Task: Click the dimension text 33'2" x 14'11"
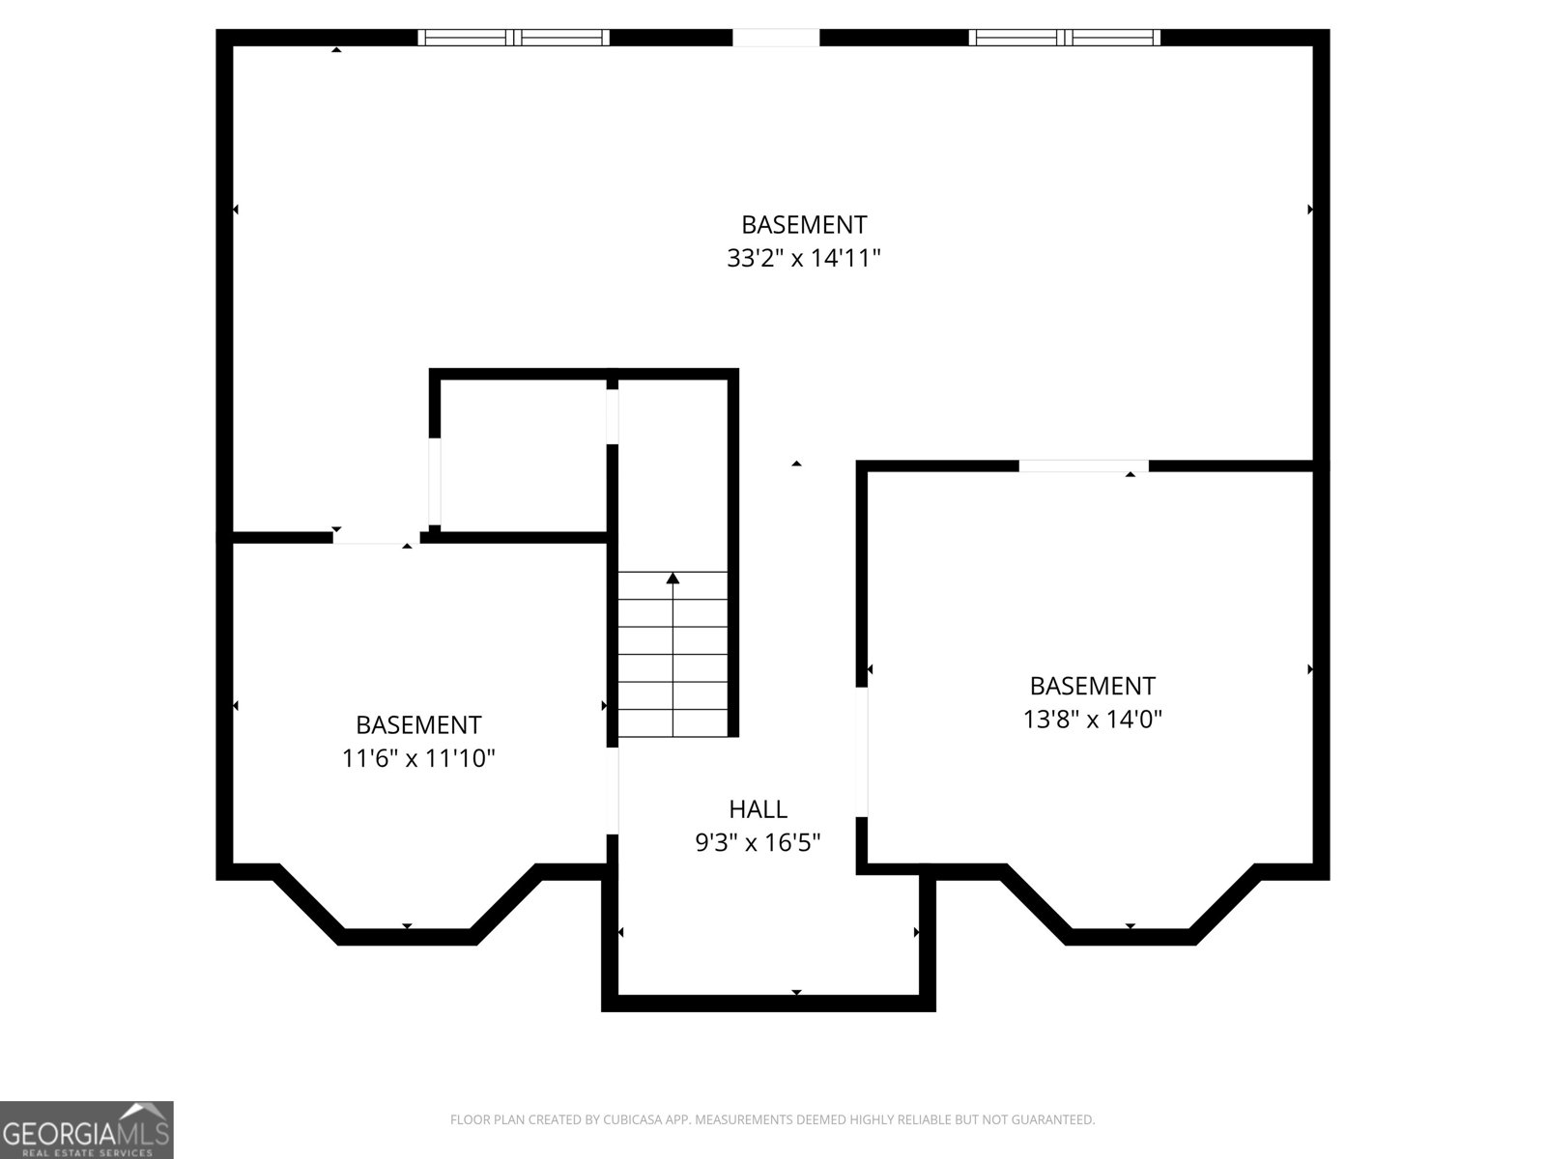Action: click(x=804, y=258)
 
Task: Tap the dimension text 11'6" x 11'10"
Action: click(x=418, y=758)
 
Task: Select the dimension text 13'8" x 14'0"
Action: click(x=1093, y=720)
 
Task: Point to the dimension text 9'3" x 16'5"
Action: click(x=758, y=842)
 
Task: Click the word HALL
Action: click(x=758, y=809)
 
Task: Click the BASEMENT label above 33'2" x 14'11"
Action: click(x=804, y=225)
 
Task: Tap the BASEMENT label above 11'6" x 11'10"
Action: click(x=418, y=724)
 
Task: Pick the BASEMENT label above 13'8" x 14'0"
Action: click(x=1093, y=686)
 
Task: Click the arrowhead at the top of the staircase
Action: click(x=673, y=579)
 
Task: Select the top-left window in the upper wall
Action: click(x=513, y=38)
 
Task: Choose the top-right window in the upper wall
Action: click(x=1064, y=38)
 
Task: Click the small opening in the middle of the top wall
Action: click(x=776, y=38)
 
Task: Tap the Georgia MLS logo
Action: click(x=87, y=1129)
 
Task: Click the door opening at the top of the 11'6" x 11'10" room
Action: click(x=376, y=538)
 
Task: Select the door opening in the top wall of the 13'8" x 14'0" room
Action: click(x=1083, y=466)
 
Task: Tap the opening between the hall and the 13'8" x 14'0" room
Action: click(x=861, y=752)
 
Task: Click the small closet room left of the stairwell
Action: click(x=521, y=455)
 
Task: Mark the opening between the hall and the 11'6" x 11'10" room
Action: click(x=612, y=791)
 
